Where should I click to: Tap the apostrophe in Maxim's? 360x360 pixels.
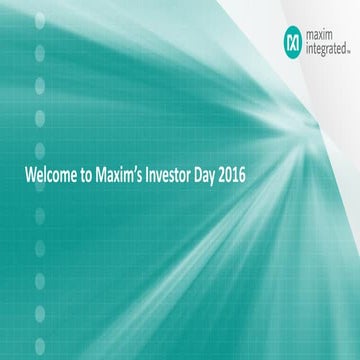coord(141,173)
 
